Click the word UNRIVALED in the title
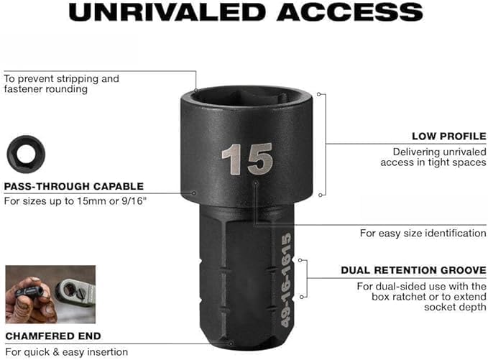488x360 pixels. tap(167, 12)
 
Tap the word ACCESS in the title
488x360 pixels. tap(349, 12)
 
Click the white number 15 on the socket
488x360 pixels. tap(247, 159)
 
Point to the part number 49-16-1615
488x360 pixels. tap(286, 280)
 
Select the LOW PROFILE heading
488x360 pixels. tap(448, 137)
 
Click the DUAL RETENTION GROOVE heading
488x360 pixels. tap(413, 270)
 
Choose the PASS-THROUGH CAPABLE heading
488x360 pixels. tap(74, 186)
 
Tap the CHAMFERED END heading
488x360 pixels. tap(53, 336)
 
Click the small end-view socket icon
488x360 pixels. tap(26, 154)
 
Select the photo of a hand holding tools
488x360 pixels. tap(50, 295)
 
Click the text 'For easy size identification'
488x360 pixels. tap(423, 233)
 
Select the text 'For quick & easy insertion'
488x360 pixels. tap(67, 352)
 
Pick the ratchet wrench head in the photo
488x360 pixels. tap(75, 292)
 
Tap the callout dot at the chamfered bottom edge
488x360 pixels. tap(231, 343)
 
